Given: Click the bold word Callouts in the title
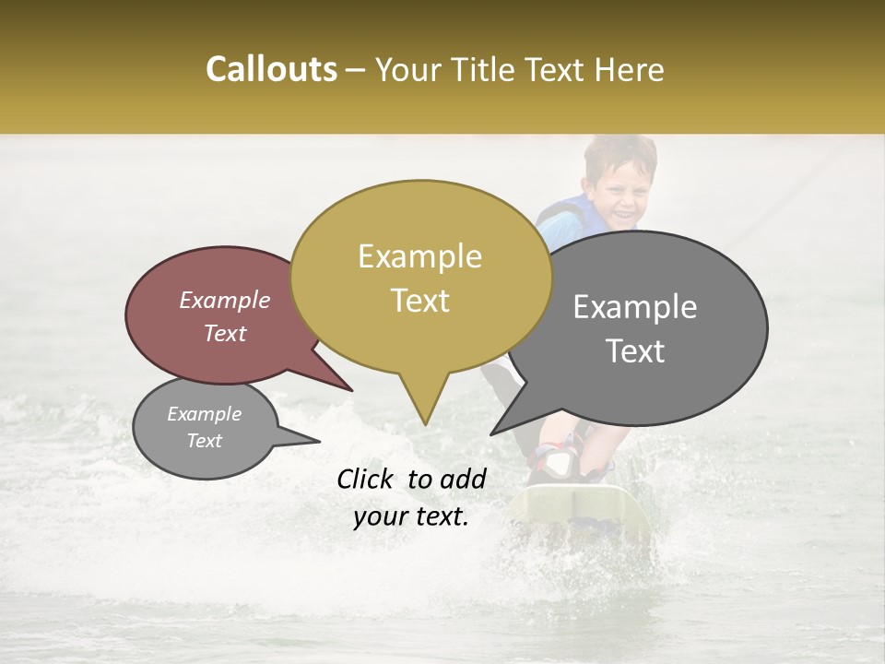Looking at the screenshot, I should pyautogui.click(x=271, y=69).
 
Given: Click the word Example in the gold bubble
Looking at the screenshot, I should pyautogui.click(x=420, y=256).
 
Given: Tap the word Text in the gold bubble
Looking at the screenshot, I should pyautogui.click(x=420, y=301).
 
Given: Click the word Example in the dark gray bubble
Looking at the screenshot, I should pyautogui.click(x=635, y=307).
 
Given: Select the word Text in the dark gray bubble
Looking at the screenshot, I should pyautogui.click(x=636, y=350).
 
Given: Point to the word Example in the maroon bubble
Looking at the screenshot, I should pyautogui.click(x=224, y=300).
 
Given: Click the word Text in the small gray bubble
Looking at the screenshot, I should pyautogui.click(x=204, y=441).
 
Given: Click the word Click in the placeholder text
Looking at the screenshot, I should pyautogui.click(x=368, y=479).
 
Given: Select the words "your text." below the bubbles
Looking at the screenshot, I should pyautogui.click(x=411, y=517).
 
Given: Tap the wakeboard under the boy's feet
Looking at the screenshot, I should pyautogui.click(x=581, y=512).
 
